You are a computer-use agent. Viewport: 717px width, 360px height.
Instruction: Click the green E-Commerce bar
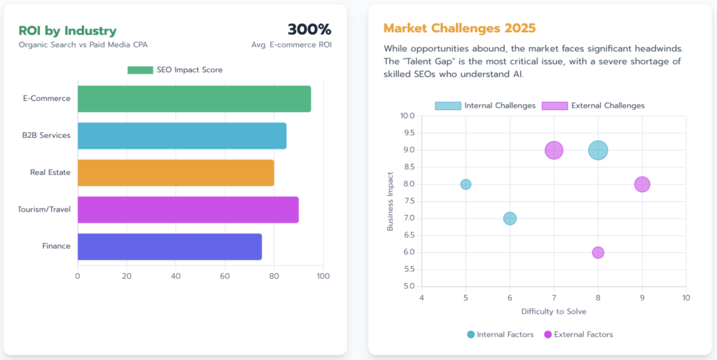(x=194, y=99)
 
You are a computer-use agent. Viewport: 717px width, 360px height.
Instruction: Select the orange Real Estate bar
(x=176, y=172)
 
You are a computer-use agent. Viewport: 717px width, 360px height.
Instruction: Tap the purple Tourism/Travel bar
(x=188, y=209)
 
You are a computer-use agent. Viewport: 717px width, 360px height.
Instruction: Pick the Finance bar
(x=169, y=247)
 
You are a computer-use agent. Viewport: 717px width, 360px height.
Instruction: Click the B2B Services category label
(x=46, y=135)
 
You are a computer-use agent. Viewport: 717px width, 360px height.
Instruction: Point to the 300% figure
(x=309, y=29)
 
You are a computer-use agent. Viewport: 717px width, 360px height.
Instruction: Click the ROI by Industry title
(x=67, y=31)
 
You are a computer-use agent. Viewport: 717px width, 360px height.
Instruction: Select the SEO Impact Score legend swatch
(x=140, y=70)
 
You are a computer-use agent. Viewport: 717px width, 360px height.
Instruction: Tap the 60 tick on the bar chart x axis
(x=225, y=276)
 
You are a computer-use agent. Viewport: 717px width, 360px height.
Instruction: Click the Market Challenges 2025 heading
(x=459, y=29)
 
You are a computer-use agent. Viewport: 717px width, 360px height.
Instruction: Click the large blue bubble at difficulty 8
(x=598, y=150)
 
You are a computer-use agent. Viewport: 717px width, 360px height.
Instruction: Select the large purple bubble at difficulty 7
(x=554, y=150)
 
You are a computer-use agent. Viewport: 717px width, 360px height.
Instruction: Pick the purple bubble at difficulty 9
(x=642, y=184)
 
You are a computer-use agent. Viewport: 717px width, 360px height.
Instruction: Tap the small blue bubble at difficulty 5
(x=466, y=184)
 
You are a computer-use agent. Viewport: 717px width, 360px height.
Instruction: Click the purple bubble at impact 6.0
(x=598, y=252)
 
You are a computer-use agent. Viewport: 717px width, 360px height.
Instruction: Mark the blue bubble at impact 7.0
(x=510, y=219)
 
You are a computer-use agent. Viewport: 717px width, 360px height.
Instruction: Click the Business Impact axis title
(x=390, y=201)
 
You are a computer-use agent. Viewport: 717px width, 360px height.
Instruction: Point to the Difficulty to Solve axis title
(x=554, y=311)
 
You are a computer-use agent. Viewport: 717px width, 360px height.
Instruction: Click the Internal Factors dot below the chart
(x=471, y=335)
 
